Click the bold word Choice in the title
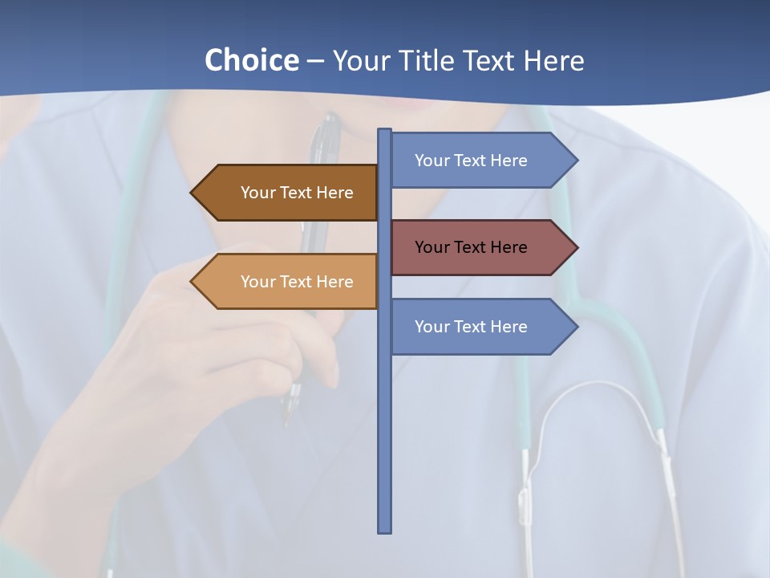tap(251, 60)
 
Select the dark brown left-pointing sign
tap(289, 193)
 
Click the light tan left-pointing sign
tap(289, 282)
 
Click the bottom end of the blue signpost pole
tap(385, 529)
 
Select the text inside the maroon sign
tap(471, 247)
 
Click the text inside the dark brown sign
tap(297, 193)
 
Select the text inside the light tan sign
tap(297, 282)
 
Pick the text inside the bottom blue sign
tap(471, 327)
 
